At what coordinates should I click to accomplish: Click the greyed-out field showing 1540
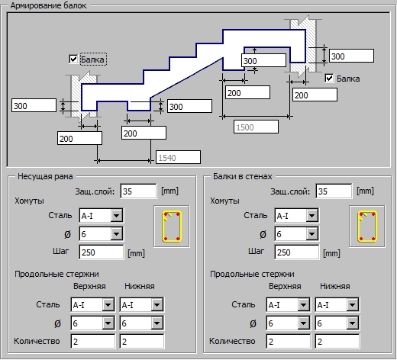coord(178,157)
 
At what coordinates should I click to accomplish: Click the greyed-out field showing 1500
coord(256,127)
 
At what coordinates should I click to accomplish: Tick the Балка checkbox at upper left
coord(73,59)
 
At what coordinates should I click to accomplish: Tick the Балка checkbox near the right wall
coord(329,79)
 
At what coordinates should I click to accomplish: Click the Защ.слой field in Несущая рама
coord(138,191)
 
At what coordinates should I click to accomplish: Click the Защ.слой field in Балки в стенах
coord(334,191)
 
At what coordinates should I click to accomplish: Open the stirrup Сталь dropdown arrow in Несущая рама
coord(117,216)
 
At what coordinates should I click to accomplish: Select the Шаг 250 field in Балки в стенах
coord(297,252)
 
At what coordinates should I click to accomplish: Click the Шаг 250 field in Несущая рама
coord(102,252)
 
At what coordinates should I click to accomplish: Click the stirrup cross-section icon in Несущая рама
coord(172,227)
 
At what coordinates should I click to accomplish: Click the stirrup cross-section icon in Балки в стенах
coord(367,227)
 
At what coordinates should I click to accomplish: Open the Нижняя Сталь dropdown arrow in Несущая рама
coord(157,304)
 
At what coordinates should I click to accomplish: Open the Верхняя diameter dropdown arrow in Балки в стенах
coord(303,323)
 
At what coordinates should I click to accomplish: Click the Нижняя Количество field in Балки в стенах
coord(337,342)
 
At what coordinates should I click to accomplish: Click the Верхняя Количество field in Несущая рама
coord(93,342)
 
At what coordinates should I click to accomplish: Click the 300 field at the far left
coord(34,105)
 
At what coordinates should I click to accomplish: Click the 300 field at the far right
coord(352,56)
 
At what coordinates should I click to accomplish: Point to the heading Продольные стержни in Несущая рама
coord(56,274)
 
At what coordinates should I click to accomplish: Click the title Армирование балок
coord(48,5)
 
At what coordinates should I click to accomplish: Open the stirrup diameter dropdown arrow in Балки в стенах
coord(312,234)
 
